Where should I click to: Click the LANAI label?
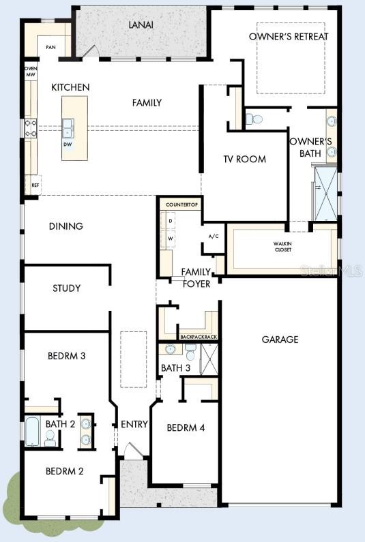click(x=142, y=25)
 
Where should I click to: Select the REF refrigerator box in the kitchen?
click(x=33, y=185)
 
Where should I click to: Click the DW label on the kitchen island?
click(x=68, y=145)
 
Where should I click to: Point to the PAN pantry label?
click(x=50, y=47)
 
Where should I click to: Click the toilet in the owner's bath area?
click(x=255, y=119)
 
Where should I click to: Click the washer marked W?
click(x=171, y=239)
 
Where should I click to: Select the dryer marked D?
click(x=171, y=221)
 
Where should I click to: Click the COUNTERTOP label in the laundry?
click(x=181, y=205)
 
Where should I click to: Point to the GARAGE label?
click(x=280, y=339)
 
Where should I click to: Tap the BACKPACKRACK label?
click(x=198, y=337)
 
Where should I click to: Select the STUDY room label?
click(x=66, y=288)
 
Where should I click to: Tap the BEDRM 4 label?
click(x=186, y=428)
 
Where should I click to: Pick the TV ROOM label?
click(x=245, y=160)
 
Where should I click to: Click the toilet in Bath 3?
click(x=190, y=353)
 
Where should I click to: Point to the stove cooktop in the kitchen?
click(x=31, y=128)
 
